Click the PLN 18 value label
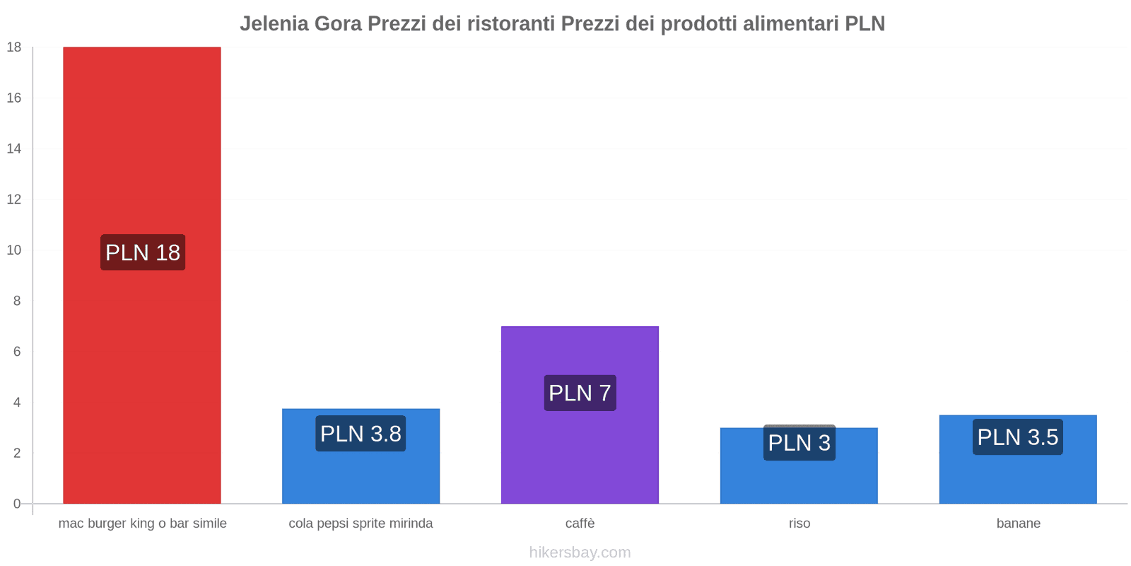click(143, 253)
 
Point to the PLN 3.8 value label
click(361, 434)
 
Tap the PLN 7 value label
click(580, 393)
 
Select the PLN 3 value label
click(799, 443)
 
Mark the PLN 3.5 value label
click(1017, 437)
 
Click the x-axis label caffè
click(580, 524)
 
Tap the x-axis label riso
click(799, 524)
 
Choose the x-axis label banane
click(1018, 524)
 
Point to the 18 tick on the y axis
click(14, 47)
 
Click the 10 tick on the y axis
click(14, 250)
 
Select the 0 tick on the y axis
click(17, 504)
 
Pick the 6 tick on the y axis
click(17, 352)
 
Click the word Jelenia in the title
click(274, 24)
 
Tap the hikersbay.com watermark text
click(580, 553)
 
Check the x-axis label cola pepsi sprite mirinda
click(361, 524)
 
